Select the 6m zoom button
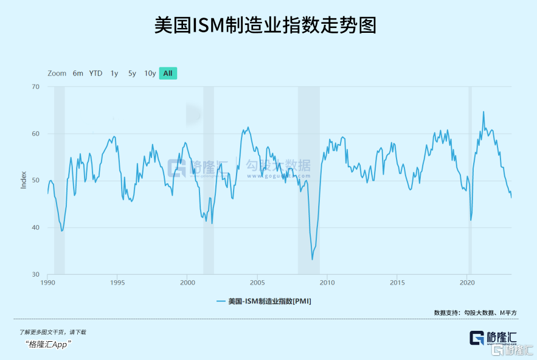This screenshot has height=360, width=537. coord(78,74)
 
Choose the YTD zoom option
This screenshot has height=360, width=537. coord(95,74)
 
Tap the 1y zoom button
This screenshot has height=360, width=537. coord(114,74)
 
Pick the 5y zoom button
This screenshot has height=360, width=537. coord(132,74)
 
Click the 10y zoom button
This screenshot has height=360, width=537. coord(150,74)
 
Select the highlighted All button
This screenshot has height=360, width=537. coord(168,74)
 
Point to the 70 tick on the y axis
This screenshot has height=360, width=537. coord(35,87)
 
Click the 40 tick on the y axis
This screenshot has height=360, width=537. coord(35,227)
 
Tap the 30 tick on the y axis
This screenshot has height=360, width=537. coord(35,274)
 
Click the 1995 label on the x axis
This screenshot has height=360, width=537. coord(118,283)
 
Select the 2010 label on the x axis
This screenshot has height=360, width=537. coord(327,283)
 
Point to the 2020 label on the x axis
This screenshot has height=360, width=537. coord(467,283)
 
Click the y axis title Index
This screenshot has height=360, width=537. coord(24,181)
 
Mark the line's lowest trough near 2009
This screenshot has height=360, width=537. coord(313,260)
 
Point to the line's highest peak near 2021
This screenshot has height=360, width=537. coord(483,112)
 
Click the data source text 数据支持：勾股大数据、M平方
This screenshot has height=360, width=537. coord(475,313)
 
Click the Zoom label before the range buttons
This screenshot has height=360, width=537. coord(57,74)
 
